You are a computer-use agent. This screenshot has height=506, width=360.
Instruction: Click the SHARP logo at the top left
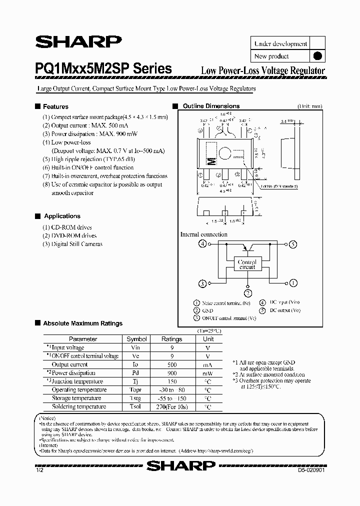77,42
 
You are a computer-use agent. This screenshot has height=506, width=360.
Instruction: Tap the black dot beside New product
316,56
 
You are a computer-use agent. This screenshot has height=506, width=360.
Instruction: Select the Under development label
280,43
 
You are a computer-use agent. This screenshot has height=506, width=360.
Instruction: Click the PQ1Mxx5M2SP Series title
103,69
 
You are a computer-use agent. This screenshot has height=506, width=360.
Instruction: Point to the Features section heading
55,106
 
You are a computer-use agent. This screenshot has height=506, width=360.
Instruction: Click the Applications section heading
62,216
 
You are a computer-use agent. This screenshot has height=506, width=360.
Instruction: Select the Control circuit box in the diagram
247,264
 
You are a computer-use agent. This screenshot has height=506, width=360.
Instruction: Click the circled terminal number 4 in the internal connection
202,244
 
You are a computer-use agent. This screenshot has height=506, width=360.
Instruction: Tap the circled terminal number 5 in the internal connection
292,244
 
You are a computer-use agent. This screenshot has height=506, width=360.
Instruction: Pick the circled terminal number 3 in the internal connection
202,283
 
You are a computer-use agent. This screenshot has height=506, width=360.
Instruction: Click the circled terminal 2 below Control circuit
247,293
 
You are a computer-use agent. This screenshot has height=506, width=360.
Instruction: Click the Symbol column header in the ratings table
136,339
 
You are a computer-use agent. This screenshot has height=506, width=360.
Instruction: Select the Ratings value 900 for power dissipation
172,373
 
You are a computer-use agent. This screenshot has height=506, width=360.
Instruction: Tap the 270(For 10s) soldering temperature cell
172,407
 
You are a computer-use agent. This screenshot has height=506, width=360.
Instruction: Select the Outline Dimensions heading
211,106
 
